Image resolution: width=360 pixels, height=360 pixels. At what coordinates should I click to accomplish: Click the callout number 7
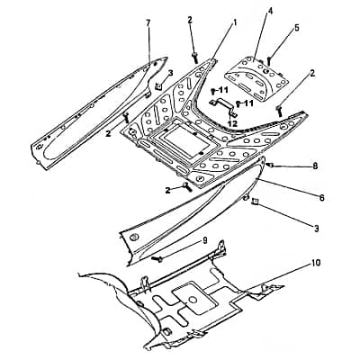point(148,24)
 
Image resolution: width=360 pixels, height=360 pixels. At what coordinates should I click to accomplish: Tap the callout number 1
point(235,22)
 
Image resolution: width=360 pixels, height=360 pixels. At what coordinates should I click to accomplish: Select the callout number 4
point(270,12)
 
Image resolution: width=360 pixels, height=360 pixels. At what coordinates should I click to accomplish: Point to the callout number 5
point(296,27)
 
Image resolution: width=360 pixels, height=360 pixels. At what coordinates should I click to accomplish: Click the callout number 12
point(232,123)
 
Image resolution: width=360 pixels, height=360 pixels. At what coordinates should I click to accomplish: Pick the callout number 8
point(315,166)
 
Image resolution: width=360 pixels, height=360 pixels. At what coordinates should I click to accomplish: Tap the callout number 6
point(321,198)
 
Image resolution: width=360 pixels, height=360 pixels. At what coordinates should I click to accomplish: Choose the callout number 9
point(205,241)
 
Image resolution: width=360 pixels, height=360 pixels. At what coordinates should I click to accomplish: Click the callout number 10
point(316,263)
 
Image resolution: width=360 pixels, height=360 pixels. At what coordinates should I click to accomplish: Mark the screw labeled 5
point(269,61)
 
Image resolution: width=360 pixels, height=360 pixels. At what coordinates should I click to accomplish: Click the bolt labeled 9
point(157,258)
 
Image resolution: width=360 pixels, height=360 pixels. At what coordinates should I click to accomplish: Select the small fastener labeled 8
point(270,165)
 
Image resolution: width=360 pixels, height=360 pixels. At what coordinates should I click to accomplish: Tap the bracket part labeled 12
point(223,105)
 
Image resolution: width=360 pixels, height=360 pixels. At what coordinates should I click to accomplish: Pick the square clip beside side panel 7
point(158,86)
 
